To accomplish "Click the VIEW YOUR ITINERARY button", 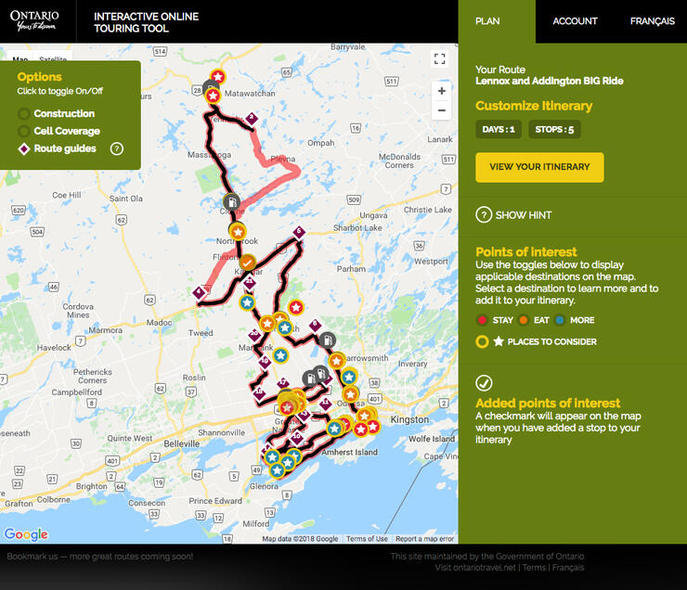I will point(539,167).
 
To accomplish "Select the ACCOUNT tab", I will point(575,21).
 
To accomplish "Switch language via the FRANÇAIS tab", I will point(652,21).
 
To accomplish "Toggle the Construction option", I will point(24,113).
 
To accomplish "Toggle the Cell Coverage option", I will point(24,131).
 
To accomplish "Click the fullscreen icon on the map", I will point(441,59).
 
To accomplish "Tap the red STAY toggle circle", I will point(482,320).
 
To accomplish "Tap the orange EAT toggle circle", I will point(524,320).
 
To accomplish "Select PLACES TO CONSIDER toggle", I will point(482,341).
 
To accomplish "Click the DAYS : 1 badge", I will point(499,129).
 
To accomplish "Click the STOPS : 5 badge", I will point(554,129).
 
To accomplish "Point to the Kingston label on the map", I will point(410,419).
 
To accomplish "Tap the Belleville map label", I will point(182,444).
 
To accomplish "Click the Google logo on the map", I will point(26,534).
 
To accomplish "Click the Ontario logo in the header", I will point(35,20).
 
